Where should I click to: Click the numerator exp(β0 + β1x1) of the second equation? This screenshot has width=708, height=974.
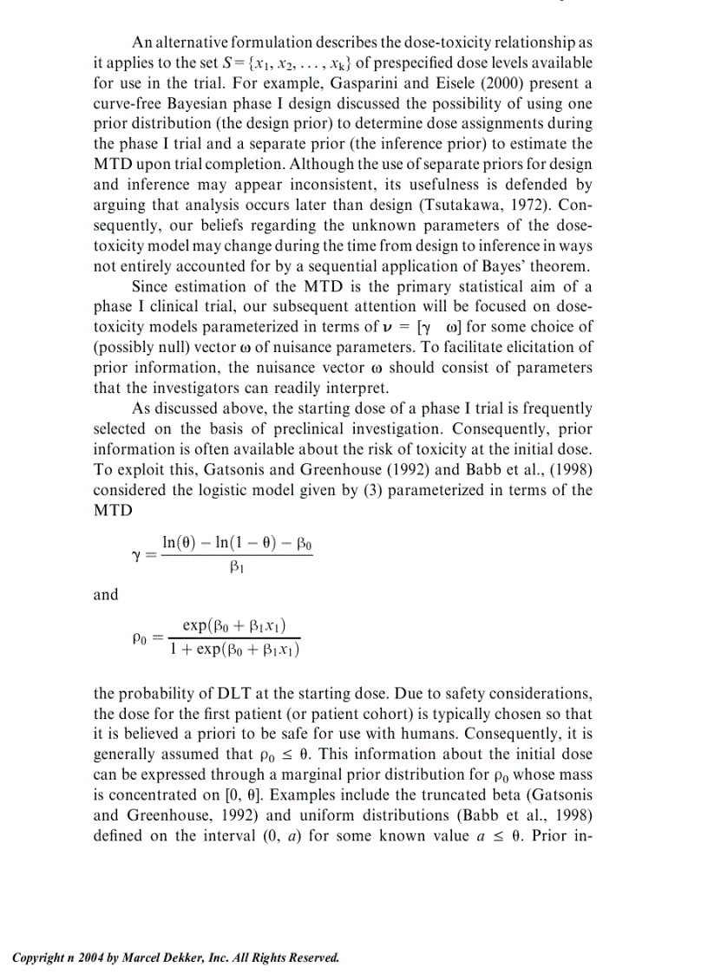pos(235,625)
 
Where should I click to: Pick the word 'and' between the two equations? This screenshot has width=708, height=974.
pos(105,595)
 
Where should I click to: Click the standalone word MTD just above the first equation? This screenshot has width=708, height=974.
pos(113,509)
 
